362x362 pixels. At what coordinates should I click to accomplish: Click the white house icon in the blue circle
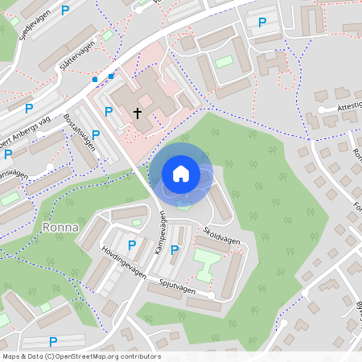pyautogui.click(x=181, y=173)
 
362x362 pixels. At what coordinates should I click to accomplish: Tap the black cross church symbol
pyautogui.click(x=138, y=113)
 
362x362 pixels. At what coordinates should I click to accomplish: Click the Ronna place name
pyautogui.click(x=60, y=227)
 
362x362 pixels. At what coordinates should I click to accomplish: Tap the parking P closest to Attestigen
pyautogui.click(x=261, y=22)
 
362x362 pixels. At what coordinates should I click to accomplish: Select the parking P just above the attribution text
pyautogui.click(x=53, y=341)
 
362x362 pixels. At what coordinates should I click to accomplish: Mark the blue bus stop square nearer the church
pyautogui.click(x=111, y=76)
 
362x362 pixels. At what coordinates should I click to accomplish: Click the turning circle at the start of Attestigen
pyautogui.click(x=321, y=109)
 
